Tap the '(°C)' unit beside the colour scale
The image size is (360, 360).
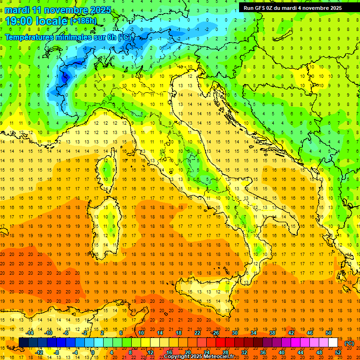[349, 343]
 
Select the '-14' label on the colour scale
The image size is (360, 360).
[30, 333]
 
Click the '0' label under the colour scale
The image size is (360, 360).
[93, 352]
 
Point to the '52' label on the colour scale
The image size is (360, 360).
[337, 352]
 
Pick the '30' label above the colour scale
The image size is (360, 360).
[235, 333]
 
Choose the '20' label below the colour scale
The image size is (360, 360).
[187, 352]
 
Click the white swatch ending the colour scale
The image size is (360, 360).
[333, 343]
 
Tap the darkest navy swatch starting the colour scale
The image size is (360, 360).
[23, 343]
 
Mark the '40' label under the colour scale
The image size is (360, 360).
[281, 352]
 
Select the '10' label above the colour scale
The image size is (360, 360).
[141, 333]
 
